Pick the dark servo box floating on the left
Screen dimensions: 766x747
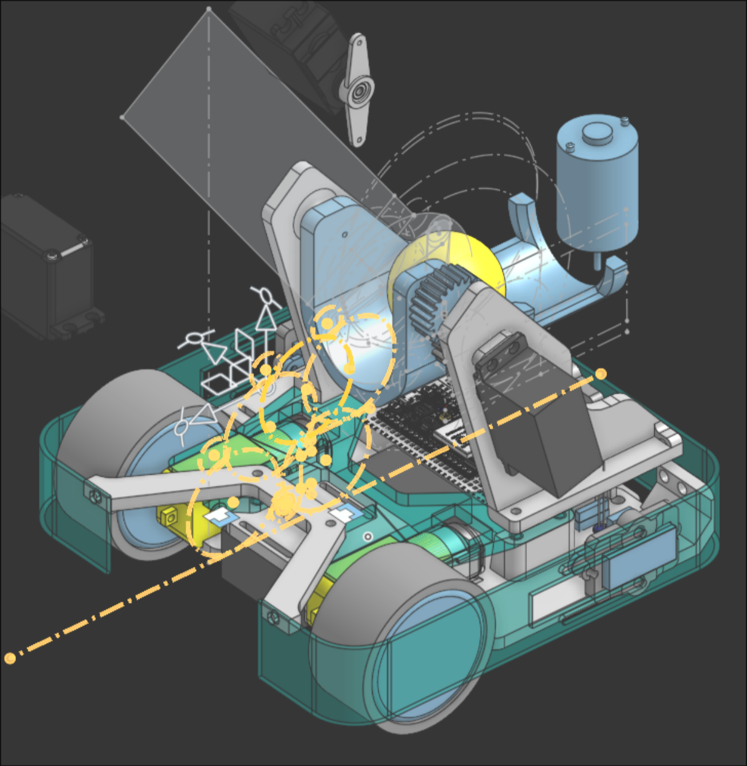[46, 264]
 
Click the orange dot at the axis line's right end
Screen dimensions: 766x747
[601, 374]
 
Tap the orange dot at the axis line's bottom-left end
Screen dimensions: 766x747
[10, 658]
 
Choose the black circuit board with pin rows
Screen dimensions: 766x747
[424, 430]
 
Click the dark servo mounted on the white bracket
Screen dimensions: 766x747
[547, 443]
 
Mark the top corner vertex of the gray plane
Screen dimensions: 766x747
[209, 9]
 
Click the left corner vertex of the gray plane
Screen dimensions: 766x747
[122, 117]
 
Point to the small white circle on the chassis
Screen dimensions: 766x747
[368, 537]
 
